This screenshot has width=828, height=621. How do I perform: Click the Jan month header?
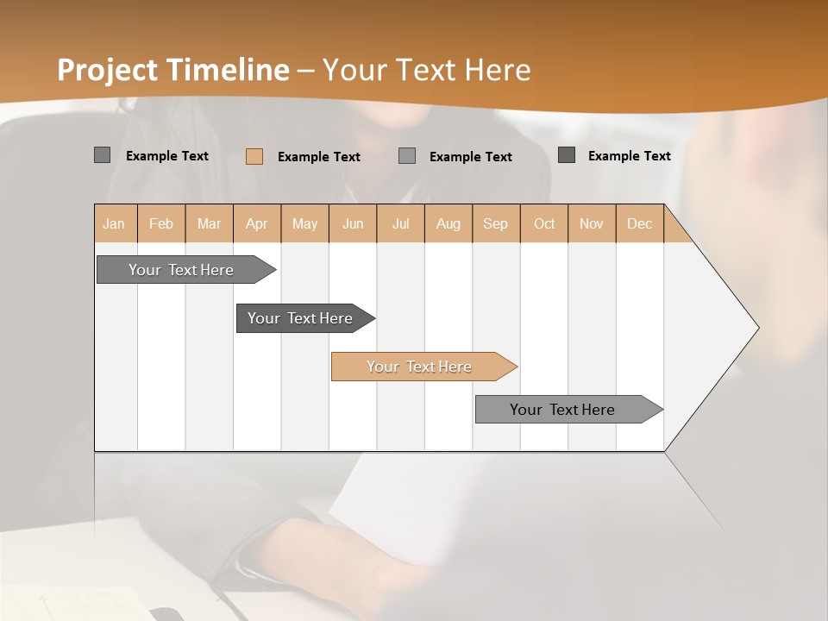(114, 223)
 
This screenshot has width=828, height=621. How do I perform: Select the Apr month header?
(256, 223)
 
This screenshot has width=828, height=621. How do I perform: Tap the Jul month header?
(400, 223)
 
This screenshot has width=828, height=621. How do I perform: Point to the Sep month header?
(495, 223)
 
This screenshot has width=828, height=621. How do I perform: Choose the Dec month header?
(639, 223)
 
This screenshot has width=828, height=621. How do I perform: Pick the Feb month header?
(161, 223)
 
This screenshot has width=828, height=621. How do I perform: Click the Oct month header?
(544, 223)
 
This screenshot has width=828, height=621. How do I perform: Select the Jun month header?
(353, 223)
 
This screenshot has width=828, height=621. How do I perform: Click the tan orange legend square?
(254, 156)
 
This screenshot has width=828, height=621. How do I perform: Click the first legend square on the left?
(102, 155)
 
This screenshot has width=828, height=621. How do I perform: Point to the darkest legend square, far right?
(567, 155)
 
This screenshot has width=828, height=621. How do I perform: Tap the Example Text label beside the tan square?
(319, 157)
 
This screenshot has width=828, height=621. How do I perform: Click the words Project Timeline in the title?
(173, 70)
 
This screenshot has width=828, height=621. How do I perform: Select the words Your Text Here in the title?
(427, 70)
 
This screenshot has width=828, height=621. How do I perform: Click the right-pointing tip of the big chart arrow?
(756, 328)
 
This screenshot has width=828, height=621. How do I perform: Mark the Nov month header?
(592, 223)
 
